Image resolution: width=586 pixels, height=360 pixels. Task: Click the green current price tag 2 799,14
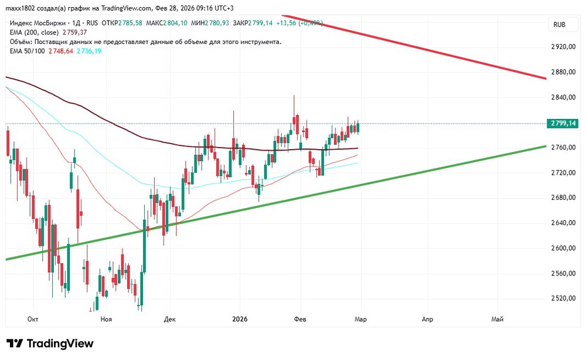click(x=561, y=123)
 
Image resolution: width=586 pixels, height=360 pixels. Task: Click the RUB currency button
click(x=560, y=25)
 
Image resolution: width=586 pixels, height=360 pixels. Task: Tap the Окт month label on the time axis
click(x=33, y=319)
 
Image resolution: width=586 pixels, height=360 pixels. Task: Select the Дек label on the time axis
click(x=170, y=319)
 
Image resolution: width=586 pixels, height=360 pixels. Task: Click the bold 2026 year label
click(x=240, y=319)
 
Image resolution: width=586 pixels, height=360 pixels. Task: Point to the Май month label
click(x=497, y=319)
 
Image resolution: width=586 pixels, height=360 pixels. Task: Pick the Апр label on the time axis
click(x=427, y=319)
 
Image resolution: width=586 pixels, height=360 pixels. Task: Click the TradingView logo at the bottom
click(x=50, y=344)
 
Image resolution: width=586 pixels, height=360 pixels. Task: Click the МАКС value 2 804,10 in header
click(x=175, y=23)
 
